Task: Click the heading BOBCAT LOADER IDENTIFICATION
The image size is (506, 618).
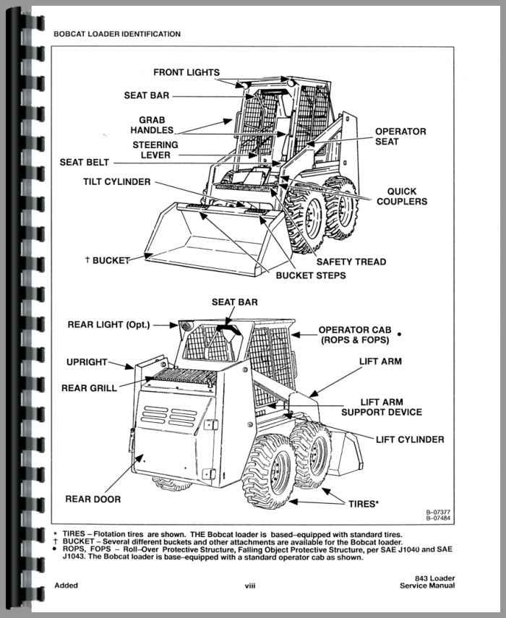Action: tap(117, 33)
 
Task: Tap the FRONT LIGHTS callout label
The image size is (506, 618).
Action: tap(186, 72)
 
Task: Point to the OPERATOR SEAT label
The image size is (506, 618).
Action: tap(400, 137)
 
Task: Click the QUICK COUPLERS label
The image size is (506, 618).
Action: tap(401, 197)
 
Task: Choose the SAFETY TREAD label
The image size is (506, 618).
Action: tap(351, 262)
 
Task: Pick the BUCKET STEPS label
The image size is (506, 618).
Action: tap(311, 275)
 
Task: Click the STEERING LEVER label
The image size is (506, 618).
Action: tap(154, 150)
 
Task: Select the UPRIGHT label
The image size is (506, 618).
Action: tap(87, 362)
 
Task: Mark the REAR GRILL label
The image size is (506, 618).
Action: tap(89, 388)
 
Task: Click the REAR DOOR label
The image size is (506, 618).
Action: tap(93, 499)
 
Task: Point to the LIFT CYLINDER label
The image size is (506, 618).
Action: tap(410, 439)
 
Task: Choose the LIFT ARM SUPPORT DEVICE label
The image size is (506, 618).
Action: tap(381, 407)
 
